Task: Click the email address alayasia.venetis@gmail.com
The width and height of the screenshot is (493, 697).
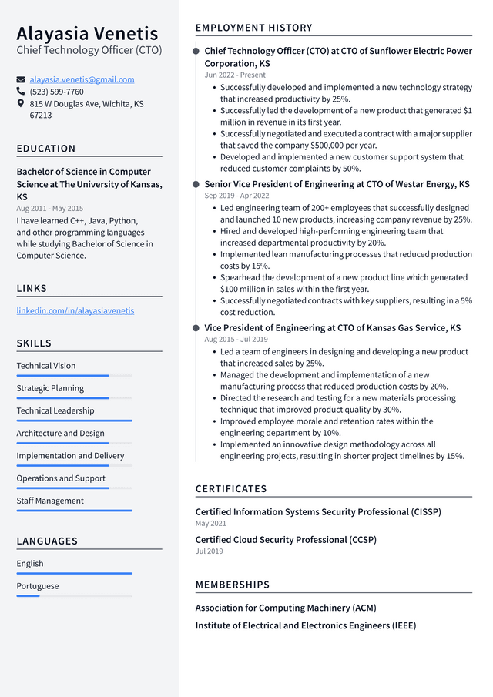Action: pyautogui.click(x=82, y=79)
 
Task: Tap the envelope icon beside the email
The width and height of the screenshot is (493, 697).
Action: pyautogui.click(x=21, y=79)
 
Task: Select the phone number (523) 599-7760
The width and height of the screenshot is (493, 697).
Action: pyautogui.click(x=56, y=92)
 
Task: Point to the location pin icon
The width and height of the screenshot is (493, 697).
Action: pyautogui.click(x=21, y=103)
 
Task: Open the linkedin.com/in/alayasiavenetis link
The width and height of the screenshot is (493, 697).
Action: pyautogui.click(x=75, y=310)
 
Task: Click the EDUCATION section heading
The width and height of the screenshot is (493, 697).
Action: pyautogui.click(x=46, y=149)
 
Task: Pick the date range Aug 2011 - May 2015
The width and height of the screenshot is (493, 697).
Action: pyautogui.click(x=50, y=209)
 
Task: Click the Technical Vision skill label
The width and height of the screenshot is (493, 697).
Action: pyautogui.click(x=46, y=366)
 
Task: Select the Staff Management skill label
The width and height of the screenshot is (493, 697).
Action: pyautogui.click(x=50, y=501)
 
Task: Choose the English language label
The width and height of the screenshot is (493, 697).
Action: pyautogui.click(x=30, y=564)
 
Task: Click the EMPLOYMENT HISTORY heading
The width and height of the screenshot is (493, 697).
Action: pyautogui.click(x=254, y=28)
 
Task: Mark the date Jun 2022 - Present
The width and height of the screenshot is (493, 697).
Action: pyautogui.click(x=235, y=75)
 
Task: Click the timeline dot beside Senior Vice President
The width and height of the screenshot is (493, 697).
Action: pyautogui.click(x=196, y=185)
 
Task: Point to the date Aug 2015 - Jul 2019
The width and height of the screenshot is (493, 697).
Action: pyautogui.click(x=236, y=340)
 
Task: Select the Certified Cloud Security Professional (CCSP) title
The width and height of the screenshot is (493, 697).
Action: pyautogui.click(x=286, y=540)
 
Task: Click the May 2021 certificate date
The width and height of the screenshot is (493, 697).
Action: pyautogui.click(x=211, y=524)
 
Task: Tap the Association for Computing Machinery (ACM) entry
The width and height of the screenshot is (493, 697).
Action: pyautogui.click(x=285, y=608)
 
